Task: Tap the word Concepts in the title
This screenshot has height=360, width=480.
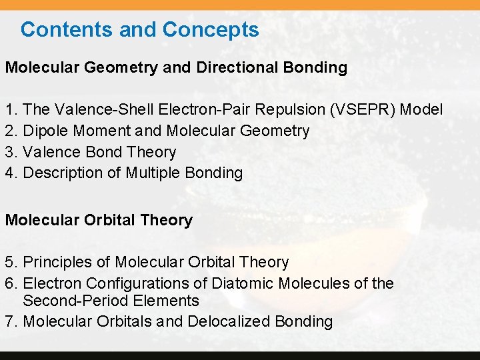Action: pyautogui.click(x=210, y=29)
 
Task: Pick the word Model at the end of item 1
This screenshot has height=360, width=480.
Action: pyautogui.click(x=421, y=109)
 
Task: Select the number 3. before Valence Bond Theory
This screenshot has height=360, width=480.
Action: pyautogui.click(x=11, y=152)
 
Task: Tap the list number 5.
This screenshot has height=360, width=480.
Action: pyautogui.click(x=11, y=263)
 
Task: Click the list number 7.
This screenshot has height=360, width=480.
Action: pyautogui.click(x=11, y=321)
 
